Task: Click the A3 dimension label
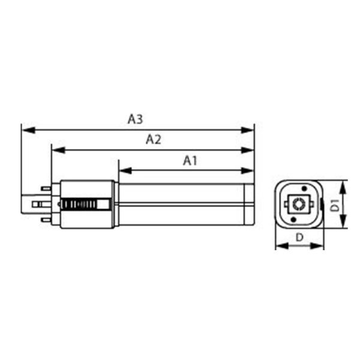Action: [135, 119]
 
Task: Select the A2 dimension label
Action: [154, 140]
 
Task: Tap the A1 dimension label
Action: [190, 160]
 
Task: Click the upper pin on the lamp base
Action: [46, 188]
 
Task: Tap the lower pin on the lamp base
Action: [46, 220]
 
